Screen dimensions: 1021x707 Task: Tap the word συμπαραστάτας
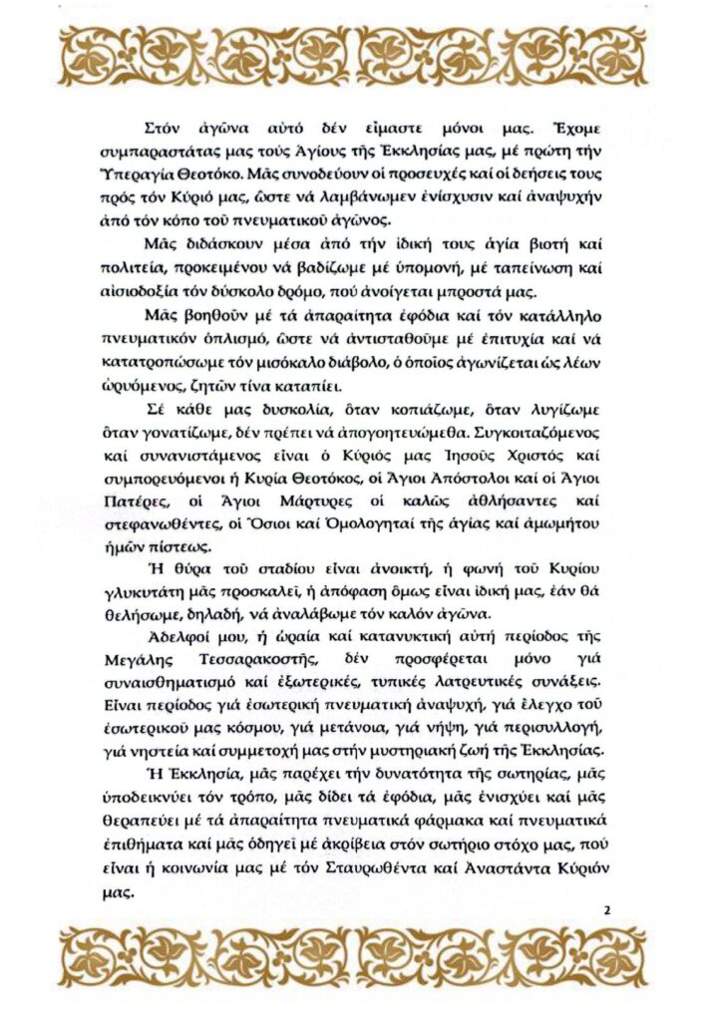tap(153, 151)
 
